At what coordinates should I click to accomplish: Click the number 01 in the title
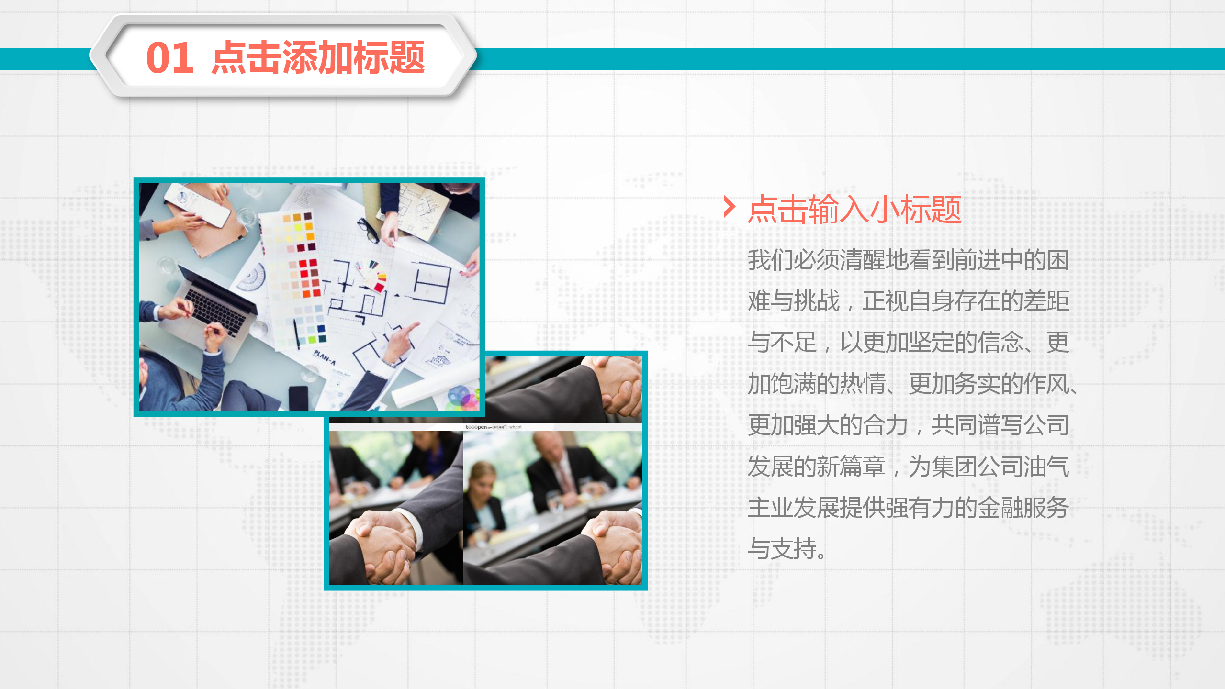tap(169, 58)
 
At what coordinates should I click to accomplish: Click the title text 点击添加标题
tap(318, 58)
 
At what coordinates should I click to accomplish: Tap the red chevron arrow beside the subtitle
tap(729, 207)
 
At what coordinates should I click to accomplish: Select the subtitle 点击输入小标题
tap(854, 210)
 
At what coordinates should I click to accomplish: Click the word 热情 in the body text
tap(862, 384)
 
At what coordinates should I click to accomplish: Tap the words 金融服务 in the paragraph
tap(1023, 508)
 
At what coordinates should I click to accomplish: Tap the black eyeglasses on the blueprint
tap(369, 229)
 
